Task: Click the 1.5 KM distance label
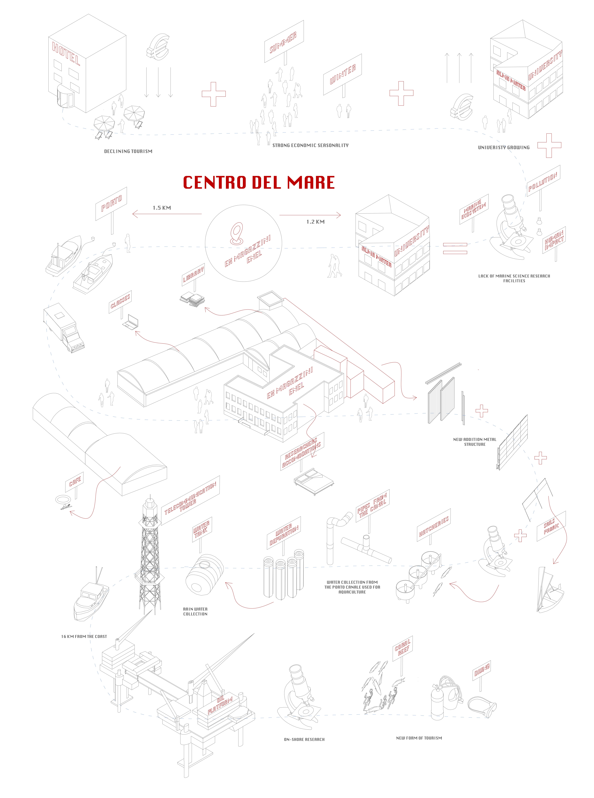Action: point(162,208)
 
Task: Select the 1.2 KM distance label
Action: point(315,222)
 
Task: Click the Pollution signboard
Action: point(543,181)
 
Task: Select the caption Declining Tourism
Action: point(128,151)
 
